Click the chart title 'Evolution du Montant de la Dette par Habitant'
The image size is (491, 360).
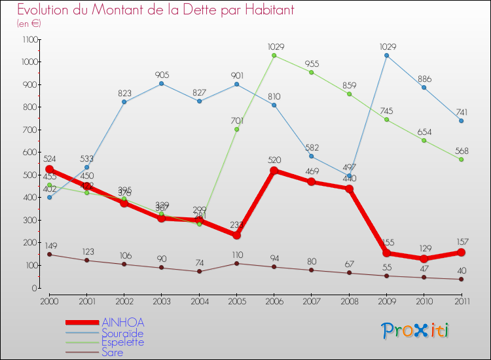(156, 10)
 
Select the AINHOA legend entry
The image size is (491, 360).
(122, 322)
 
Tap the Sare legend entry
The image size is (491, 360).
(112, 352)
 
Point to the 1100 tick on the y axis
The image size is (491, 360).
(29, 39)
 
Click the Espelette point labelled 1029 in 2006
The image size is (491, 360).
(274, 56)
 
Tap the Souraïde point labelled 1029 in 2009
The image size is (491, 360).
(386, 56)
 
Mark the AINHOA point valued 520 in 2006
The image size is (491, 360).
(274, 171)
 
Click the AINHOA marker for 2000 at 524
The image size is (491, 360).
(49, 170)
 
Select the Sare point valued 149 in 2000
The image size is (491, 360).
(49, 255)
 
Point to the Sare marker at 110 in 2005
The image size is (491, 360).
(236, 263)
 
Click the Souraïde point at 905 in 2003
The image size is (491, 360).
(161, 84)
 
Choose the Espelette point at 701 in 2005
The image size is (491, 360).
(236, 130)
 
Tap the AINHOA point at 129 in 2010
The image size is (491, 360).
(424, 259)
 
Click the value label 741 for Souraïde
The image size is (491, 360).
(461, 111)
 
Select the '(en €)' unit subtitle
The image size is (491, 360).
(29, 24)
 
